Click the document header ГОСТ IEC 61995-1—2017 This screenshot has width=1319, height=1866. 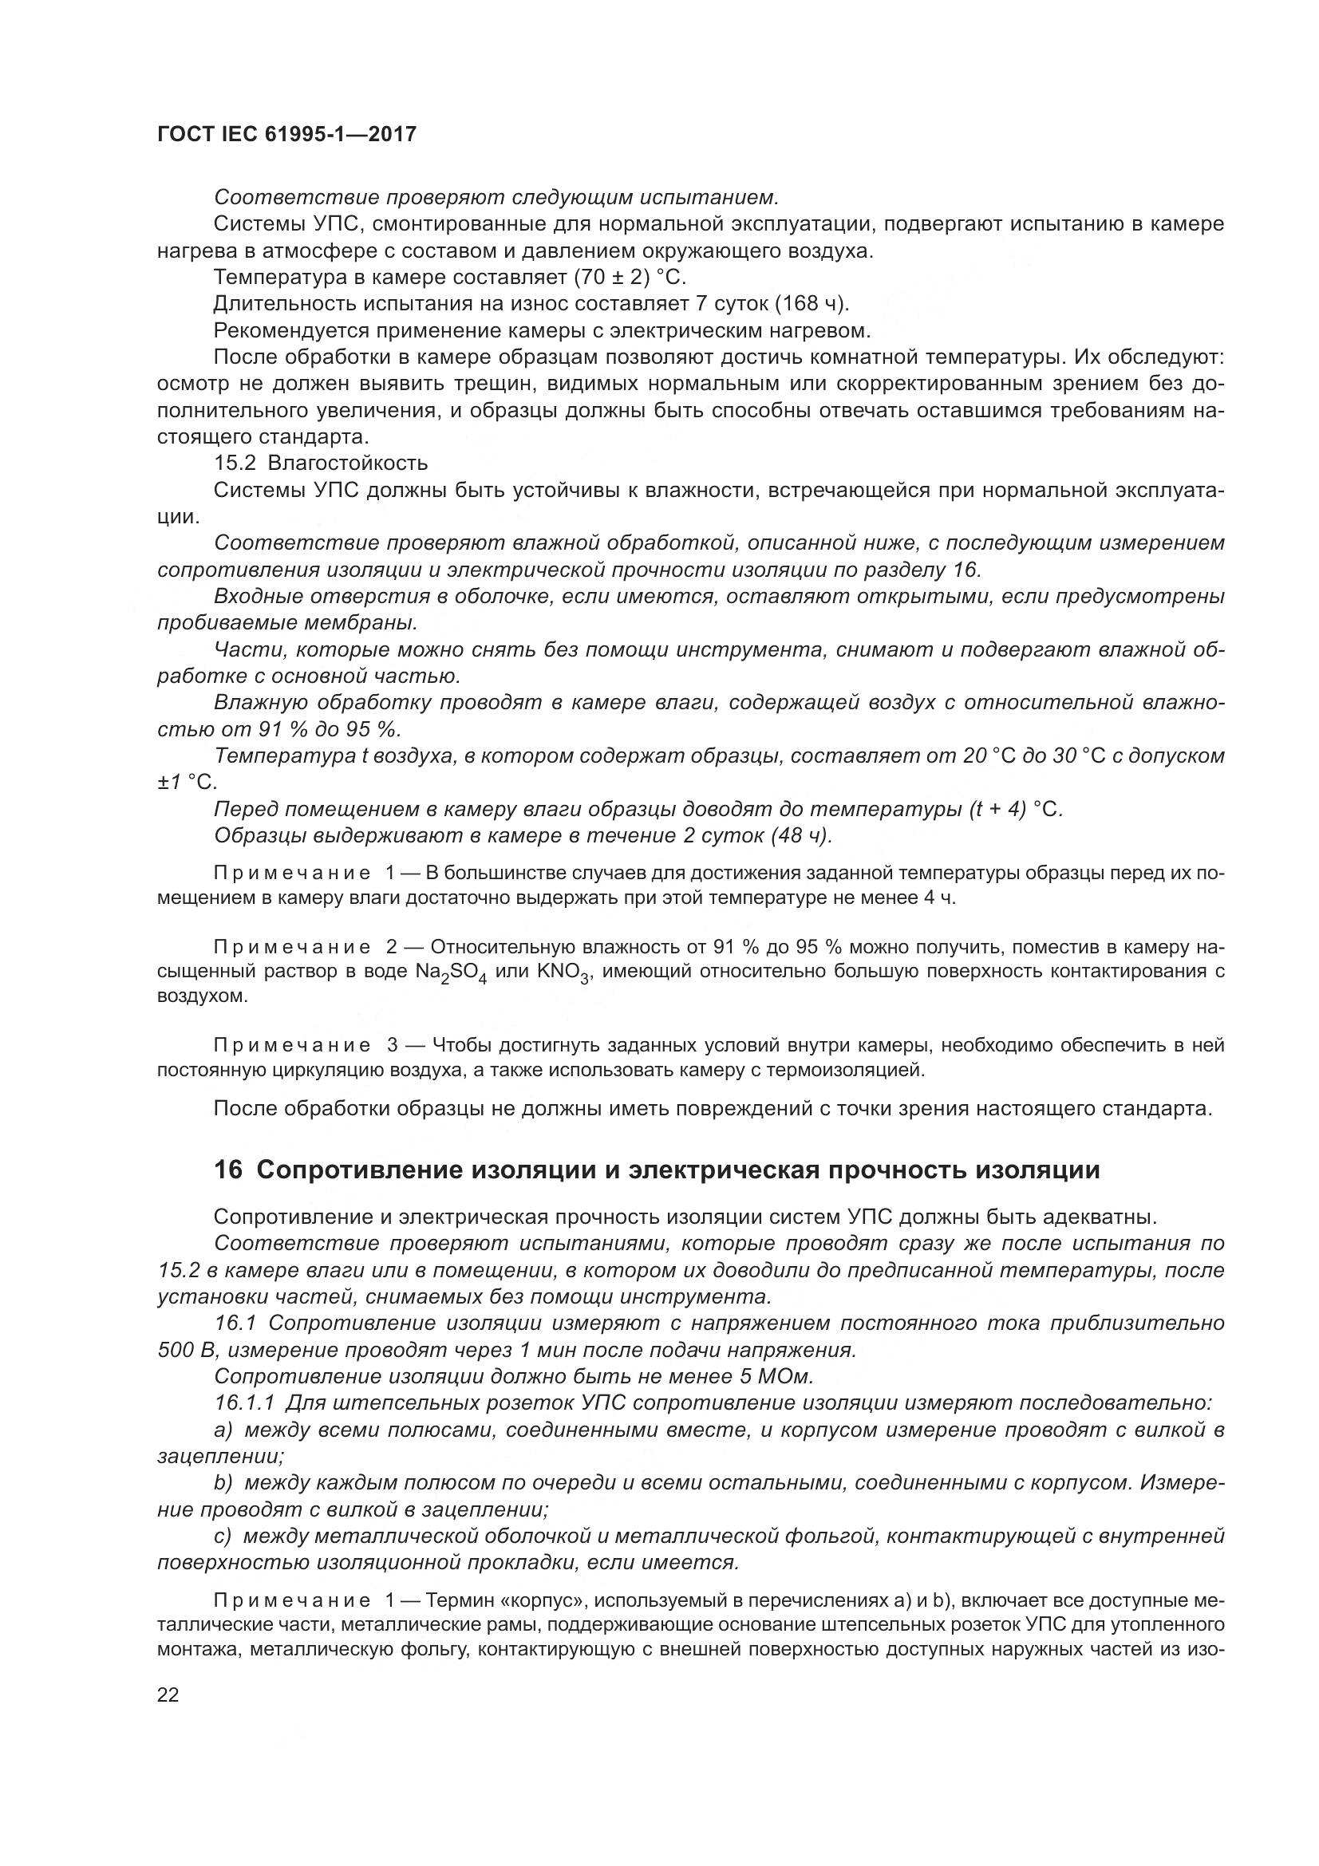[x=287, y=134]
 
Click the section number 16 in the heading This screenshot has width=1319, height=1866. [x=229, y=1170]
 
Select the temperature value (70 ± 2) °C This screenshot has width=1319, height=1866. [x=630, y=277]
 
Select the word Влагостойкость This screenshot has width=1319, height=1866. [x=348, y=464]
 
